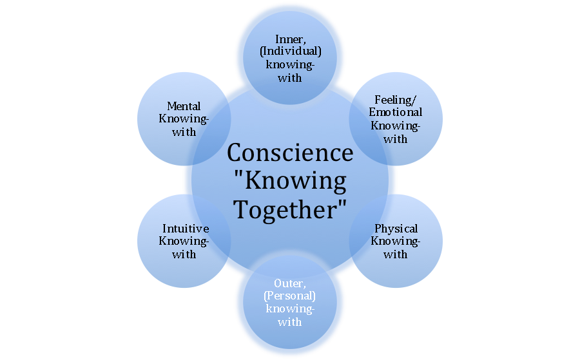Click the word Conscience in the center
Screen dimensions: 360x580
[x=289, y=153]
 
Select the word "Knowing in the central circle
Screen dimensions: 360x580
[x=289, y=182]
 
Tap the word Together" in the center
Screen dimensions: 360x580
[x=289, y=209]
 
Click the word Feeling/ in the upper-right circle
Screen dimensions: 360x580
[x=396, y=100]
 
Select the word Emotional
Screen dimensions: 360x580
[x=396, y=113]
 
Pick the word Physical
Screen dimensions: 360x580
[x=396, y=229]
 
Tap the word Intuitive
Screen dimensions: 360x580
[x=185, y=229]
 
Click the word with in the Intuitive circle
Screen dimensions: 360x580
[x=185, y=254]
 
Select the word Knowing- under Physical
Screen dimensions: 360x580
[x=396, y=242]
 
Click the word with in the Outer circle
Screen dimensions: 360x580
[x=289, y=321]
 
